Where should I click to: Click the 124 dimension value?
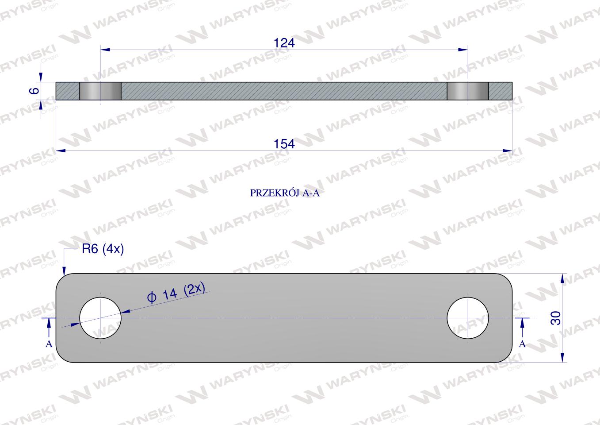pos(284,43)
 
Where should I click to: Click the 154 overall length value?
pos(284,144)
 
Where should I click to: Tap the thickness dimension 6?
pos(34,91)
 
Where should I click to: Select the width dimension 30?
pos(556,318)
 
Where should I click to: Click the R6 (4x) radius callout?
pos(103,249)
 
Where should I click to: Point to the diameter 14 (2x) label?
pos(176,292)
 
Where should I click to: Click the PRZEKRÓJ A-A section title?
pos(285,193)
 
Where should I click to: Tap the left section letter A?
pos(49,344)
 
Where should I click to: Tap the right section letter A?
pos(522,344)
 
